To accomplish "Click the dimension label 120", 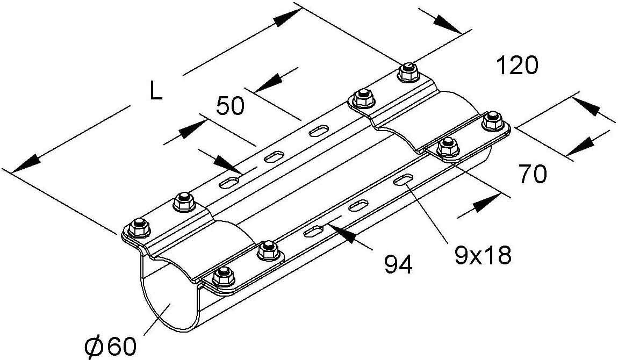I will click(516, 66).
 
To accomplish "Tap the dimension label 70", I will click(533, 174).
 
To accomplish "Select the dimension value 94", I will click(398, 264).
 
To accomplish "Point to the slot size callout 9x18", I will click(482, 255).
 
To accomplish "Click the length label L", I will click(155, 92).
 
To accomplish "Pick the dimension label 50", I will click(230, 106).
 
